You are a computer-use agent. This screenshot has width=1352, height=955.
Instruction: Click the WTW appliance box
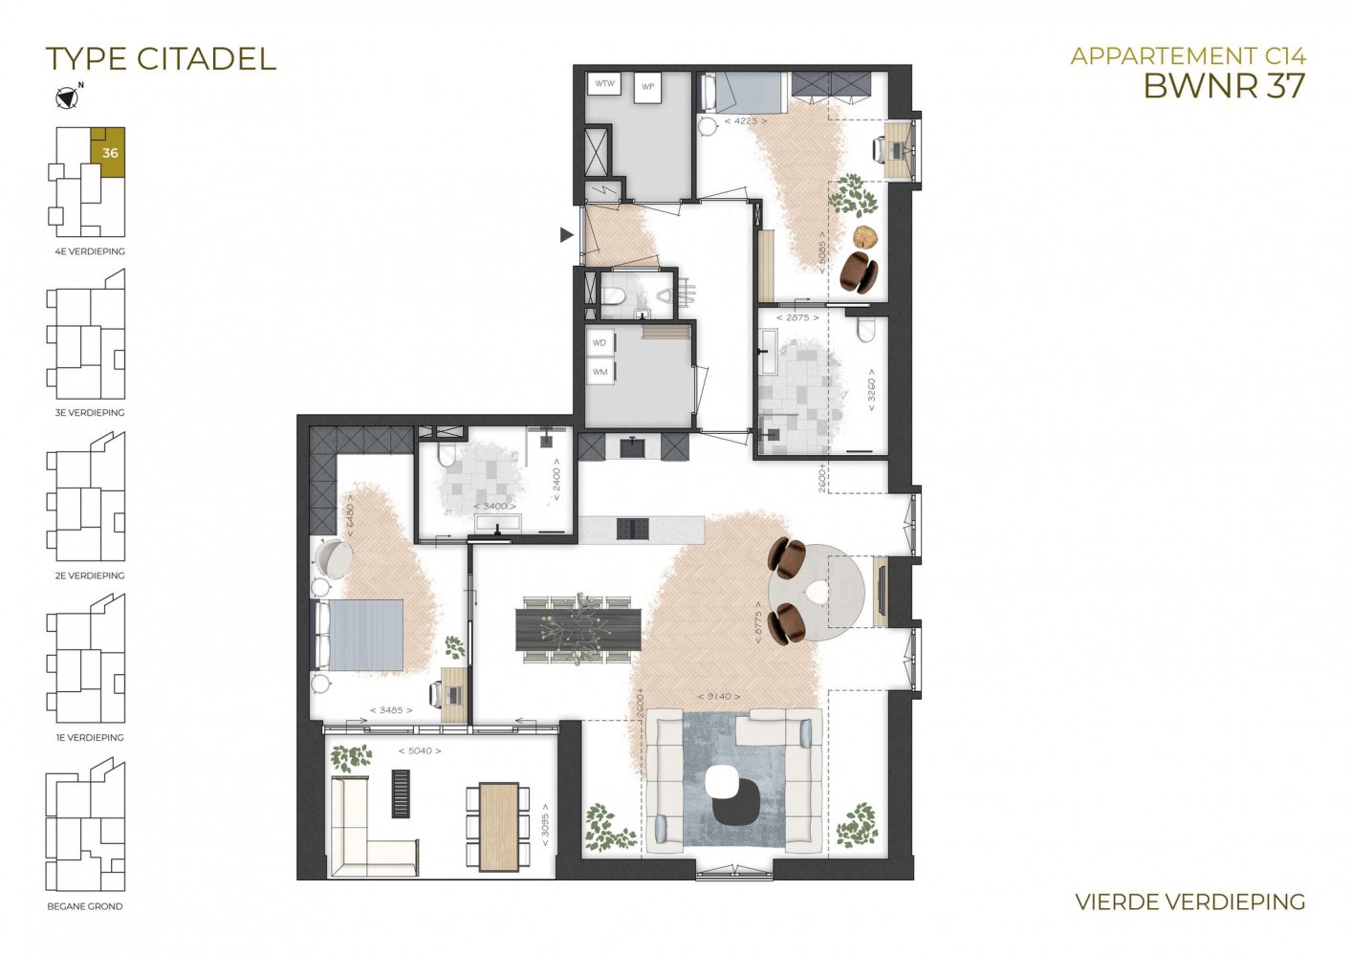[x=604, y=83]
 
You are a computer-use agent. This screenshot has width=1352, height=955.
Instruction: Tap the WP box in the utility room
[x=647, y=87]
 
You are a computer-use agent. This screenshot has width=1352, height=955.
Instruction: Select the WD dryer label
[x=600, y=342]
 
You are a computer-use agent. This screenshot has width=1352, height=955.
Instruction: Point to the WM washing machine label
[x=600, y=372]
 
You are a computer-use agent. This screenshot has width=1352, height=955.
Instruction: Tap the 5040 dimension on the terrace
[x=420, y=750]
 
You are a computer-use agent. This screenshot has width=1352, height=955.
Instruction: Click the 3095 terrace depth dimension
[x=545, y=825]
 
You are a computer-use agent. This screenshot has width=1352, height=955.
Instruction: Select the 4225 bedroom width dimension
[x=746, y=120]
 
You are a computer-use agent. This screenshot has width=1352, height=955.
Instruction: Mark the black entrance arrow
[x=566, y=234]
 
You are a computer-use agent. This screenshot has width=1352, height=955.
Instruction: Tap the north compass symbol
[x=66, y=98]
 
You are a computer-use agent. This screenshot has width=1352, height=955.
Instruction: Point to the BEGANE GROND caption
[x=84, y=906]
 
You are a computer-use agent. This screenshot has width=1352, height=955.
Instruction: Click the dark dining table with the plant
[x=578, y=629]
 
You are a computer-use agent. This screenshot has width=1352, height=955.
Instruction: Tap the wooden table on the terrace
[x=498, y=827]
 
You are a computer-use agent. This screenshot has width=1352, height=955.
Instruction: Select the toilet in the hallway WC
[x=613, y=295]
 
